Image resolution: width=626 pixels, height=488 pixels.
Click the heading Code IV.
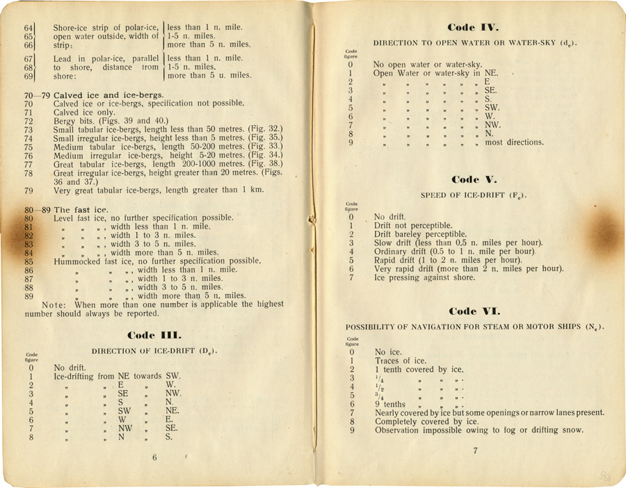point(475,28)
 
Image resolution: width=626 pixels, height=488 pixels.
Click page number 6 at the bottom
point(155,457)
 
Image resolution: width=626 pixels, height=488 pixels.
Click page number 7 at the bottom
point(475,451)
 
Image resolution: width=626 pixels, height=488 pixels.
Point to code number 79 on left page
point(29,190)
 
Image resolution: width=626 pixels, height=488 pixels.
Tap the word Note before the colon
point(55,304)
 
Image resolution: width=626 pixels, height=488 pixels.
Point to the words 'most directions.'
point(515,143)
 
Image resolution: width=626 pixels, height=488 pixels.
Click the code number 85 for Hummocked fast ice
point(29,261)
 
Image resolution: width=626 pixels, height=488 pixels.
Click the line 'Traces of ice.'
point(401,361)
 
